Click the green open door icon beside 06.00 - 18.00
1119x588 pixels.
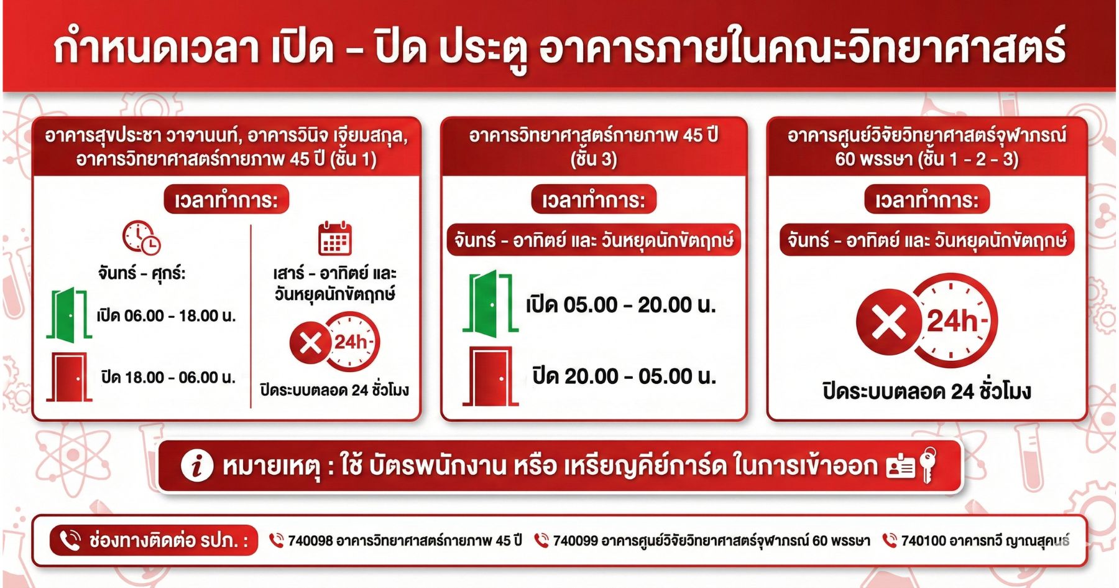point(69,314)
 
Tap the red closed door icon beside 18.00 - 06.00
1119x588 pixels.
point(69,377)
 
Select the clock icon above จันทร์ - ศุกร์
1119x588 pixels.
point(141,237)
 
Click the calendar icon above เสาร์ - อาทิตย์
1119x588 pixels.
point(335,238)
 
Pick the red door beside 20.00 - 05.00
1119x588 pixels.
point(490,376)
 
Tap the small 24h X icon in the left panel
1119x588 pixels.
point(334,342)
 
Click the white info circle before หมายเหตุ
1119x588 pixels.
point(196,466)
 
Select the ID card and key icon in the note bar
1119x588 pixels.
point(911,465)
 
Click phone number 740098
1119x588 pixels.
point(310,541)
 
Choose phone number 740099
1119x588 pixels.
point(575,541)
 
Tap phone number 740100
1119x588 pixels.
point(923,541)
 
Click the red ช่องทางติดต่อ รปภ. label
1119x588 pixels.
point(154,540)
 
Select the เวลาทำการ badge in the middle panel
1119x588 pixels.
point(594,200)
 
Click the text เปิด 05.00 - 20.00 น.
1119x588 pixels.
point(621,305)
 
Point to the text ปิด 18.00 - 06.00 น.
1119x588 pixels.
point(168,377)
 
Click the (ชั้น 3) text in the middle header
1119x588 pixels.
point(594,159)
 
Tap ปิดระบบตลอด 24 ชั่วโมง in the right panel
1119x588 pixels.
point(927,391)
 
